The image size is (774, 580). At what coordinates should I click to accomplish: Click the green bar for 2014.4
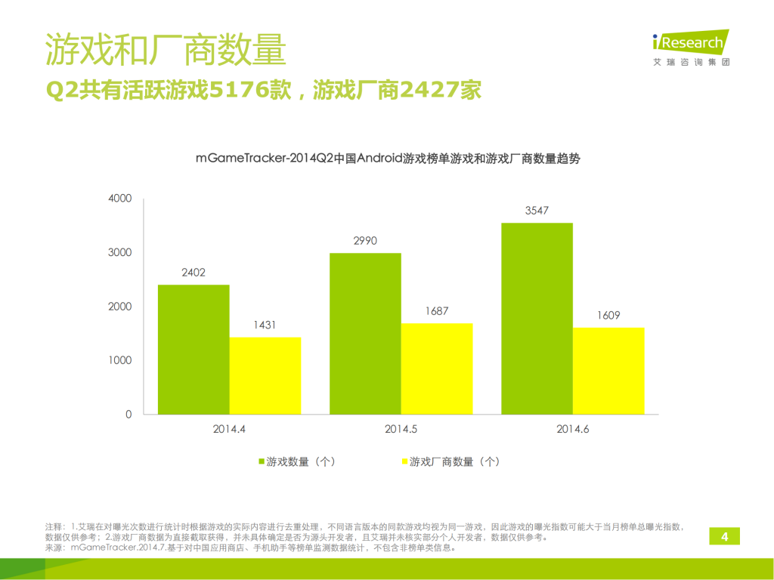tap(193, 349)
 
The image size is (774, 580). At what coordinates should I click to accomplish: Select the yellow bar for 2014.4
tap(265, 375)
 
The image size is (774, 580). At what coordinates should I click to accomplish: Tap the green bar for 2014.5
tap(365, 333)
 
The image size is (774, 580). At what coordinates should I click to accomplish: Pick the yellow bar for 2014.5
tap(437, 369)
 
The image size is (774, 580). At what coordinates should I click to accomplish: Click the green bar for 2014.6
tap(537, 318)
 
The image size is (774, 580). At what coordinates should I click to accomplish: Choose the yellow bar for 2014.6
tap(608, 371)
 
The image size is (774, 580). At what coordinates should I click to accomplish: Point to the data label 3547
tap(537, 211)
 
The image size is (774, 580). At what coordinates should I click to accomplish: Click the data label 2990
tap(365, 241)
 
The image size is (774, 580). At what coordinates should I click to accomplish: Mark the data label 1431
tap(265, 325)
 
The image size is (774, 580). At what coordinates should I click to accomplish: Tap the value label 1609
tap(608, 316)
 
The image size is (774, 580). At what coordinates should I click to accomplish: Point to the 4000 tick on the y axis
tap(121, 199)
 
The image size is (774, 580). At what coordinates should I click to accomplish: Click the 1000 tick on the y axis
tap(121, 360)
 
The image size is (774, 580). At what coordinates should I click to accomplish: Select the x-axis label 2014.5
tap(402, 430)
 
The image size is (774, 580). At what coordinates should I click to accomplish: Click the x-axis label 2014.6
tap(573, 430)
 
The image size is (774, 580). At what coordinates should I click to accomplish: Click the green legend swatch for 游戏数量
tap(262, 461)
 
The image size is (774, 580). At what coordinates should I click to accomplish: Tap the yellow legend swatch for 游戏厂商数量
tap(405, 461)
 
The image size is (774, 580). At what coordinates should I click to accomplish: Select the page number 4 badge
tap(724, 537)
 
